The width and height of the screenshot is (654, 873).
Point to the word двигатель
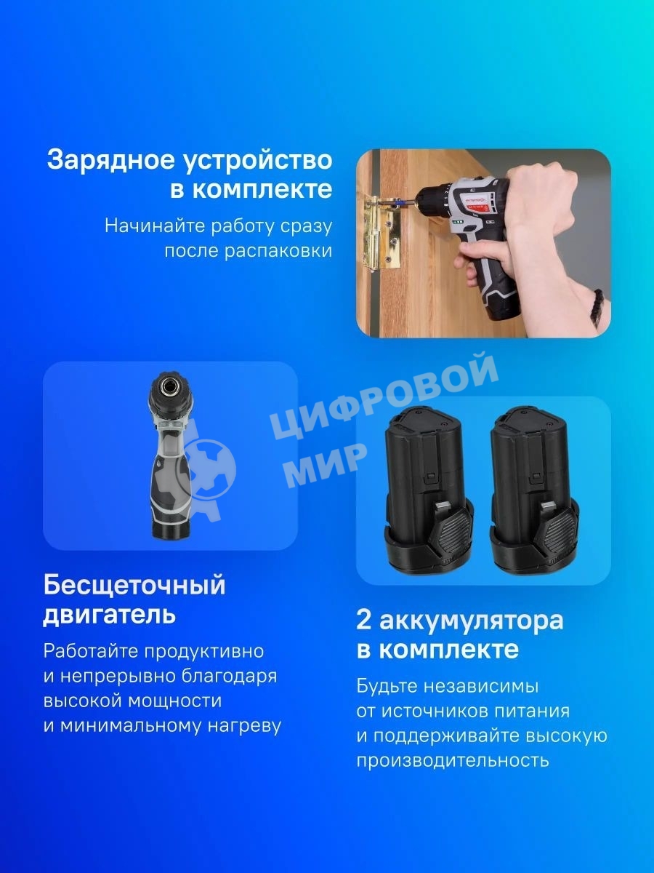[109, 615]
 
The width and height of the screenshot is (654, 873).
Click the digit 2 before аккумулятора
[364, 621]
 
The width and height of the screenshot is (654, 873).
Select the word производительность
[452, 760]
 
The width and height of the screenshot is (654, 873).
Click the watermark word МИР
[323, 464]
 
